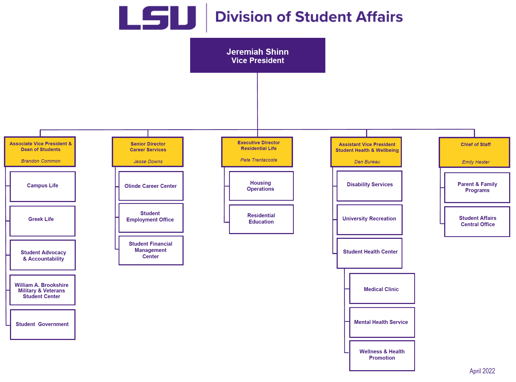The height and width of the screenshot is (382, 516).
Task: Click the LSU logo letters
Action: (x=157, y=18)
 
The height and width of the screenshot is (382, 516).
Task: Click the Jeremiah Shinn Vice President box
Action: (x=257, y=55)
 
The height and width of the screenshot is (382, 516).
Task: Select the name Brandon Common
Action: (x=41, y=161)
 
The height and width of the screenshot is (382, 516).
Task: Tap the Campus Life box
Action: (x=43, y=187)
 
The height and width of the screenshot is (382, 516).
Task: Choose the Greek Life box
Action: (x=42, y=221)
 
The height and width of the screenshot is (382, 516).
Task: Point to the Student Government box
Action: (x=43, y=324)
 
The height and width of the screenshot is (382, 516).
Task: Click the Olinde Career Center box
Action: (x=151, y=186)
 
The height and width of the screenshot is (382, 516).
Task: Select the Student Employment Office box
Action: (x=151, y=218)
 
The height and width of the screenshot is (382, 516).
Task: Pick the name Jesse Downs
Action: (x=148, y=162)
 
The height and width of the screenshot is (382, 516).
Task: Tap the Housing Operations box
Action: (x=261, y=186)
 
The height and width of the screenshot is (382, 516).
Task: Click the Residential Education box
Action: (x=261, y=219)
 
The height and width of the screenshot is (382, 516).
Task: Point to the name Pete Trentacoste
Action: (x=259, y=160)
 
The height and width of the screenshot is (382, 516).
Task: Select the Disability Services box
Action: (x=370, y=186)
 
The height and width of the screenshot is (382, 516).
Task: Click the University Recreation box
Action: (x=370, y=219)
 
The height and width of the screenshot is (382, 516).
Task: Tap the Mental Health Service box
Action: (x=382, y=322)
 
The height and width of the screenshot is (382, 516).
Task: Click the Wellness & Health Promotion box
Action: (x=382, y=355)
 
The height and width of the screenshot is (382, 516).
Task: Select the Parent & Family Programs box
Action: (x=477, y=187)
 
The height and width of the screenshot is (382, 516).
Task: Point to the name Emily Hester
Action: (x=476, y=162)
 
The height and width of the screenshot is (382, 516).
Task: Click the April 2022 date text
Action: (x=482, y=371)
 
